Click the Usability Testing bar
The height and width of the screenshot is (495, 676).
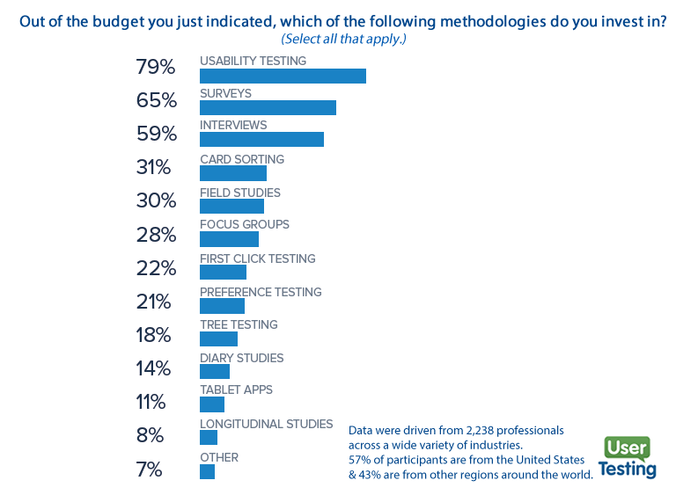coord(283,76)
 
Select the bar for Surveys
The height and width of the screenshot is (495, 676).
coord(268,107)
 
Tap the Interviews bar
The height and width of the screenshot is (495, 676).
coord(261,140)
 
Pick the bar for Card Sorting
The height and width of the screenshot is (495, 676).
coord(232,173)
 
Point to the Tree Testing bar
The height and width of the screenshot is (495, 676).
coord(218,338)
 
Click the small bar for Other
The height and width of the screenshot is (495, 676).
coord(207,472)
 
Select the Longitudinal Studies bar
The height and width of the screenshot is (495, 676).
coord(208,438)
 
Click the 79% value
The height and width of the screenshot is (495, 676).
coord(156,68)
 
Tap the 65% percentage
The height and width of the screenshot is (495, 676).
coord(156,101)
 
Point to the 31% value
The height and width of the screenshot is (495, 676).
coord(156,167)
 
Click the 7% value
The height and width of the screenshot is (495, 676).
coord(150,470)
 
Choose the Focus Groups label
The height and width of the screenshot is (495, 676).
coord(245,225)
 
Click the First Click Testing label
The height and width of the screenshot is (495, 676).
coord(257,258)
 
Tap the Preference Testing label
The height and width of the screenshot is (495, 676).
coord(261,292)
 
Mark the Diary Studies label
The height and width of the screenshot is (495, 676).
coord(241,358)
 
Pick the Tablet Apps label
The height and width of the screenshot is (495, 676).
coord(236,389)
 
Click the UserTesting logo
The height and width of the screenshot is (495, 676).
coord(628,458)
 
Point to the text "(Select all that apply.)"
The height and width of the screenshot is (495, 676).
coord(343,40)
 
